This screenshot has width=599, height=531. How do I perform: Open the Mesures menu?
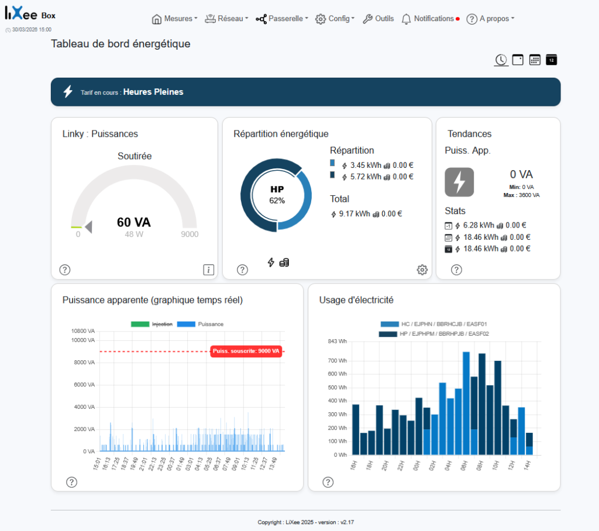pyautogui.click(x=174, y=19)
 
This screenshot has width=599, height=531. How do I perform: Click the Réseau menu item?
pyautogui.click(x=226, y=19)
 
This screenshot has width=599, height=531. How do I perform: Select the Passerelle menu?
pyautogui.click(x=282, y=19)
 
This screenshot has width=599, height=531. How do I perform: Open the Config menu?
pyautogui.click(x=335, y=19)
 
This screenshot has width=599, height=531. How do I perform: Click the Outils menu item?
pyautogui.click(x=378, y=19)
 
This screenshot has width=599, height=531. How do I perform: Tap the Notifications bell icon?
pyautogui.click(x=407, y=19)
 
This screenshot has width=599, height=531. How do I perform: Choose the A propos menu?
pyautogui.click(x=490, y=19)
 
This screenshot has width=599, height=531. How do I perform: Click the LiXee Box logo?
pyautogui.click(x=30, y=16)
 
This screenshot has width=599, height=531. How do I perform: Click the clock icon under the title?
pyautogui.click(x=501, y=60)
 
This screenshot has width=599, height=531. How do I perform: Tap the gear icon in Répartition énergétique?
pyautogui.click(x=422, y=270)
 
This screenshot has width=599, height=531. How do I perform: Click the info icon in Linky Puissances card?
pyautogui.click(x=209, y=270)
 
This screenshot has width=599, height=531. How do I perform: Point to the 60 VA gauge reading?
pyautogui.click(x=133, y=222)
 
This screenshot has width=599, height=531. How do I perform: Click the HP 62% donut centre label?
pyautogui.click(x=277, y=195)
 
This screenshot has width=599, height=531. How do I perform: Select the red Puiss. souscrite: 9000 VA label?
pyautogui.click(x=246, y=351)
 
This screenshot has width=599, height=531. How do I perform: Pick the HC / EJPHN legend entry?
pyautogui.click(x=433, y=324)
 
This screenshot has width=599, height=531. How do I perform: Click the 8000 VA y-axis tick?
pyautogui.click(x=84, y=363)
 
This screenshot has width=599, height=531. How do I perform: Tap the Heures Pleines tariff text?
pyautogui.click(x=153, y=92)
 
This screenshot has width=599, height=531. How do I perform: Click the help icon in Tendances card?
pyautogui.click(x=456, y=270)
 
